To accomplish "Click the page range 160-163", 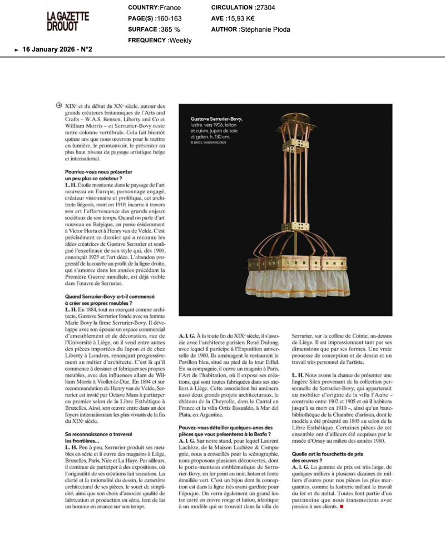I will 166,18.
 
